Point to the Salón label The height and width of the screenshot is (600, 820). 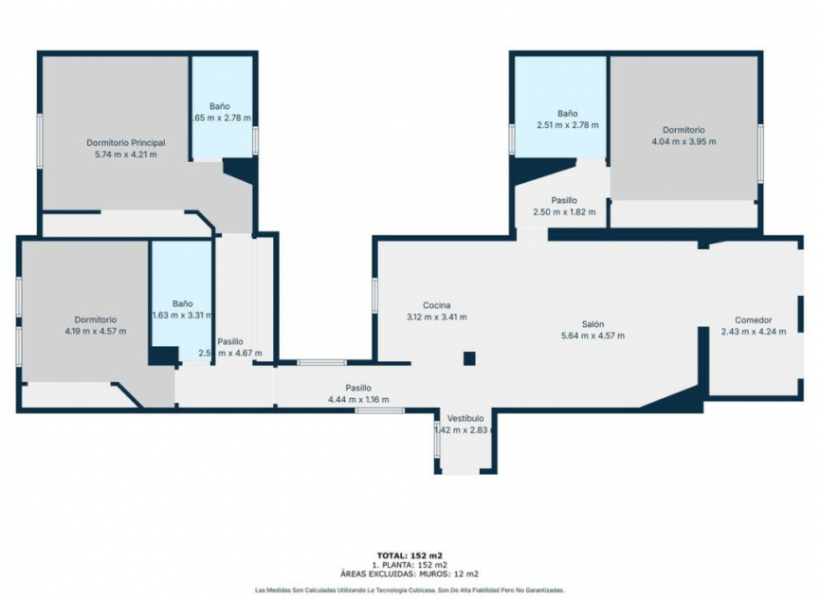coord(593,323)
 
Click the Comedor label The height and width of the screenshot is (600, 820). coord(754,319)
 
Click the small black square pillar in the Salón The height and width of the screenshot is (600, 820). coord(468,357)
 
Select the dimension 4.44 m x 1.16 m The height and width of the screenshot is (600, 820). coord(357,400)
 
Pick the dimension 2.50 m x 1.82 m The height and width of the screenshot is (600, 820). coord(564,211)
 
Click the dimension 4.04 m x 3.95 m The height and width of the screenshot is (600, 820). coord(683,142)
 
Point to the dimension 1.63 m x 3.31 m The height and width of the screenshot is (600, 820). coord(182,315)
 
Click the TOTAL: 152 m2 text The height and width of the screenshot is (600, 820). coord(410,555)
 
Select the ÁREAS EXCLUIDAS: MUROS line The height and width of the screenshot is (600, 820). coord(410,573)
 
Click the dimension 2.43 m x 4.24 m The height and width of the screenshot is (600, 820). coord(754,332)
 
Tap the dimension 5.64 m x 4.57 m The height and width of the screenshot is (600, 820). coord(593,336)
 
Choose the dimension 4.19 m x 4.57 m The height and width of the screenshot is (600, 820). coord(95,331)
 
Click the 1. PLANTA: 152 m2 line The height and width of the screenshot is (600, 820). coord(410,564)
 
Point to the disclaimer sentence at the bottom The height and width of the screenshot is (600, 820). coord(410,590)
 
